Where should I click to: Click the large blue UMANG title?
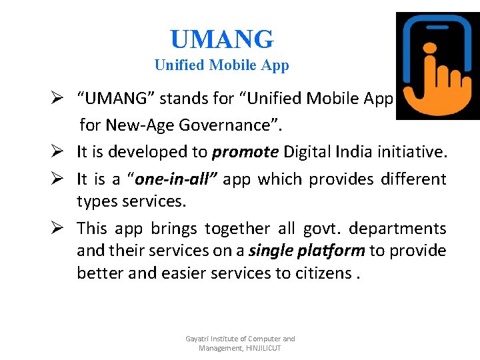(221, 39)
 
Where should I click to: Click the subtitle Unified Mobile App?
(221, 65)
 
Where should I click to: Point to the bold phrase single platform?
(307, 250)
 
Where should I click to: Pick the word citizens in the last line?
(320, 273)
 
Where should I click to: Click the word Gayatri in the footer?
(198, 339)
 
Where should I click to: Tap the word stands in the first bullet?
(169, 99)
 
